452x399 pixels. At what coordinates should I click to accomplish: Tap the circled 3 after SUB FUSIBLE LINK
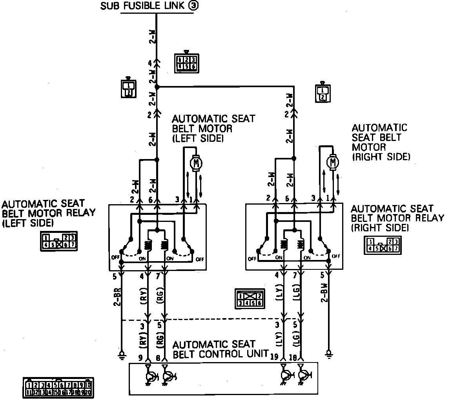tap(193, 6)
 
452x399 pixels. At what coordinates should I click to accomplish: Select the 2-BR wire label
tap(115, 299)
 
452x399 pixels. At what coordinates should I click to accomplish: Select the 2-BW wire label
tap(324, 295)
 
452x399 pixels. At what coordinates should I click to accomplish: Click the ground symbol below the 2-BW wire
tap(329, 354)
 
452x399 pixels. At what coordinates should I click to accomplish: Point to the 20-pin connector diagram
tap(58, 388)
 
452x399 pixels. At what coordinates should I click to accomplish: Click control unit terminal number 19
tap(275, 356)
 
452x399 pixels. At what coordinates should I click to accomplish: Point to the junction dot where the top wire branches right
tap(157, 86)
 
